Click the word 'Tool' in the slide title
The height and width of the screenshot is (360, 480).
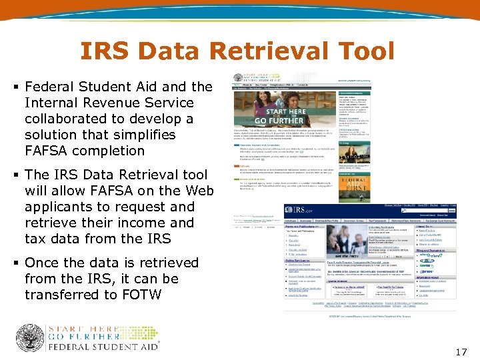pos(363,51)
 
